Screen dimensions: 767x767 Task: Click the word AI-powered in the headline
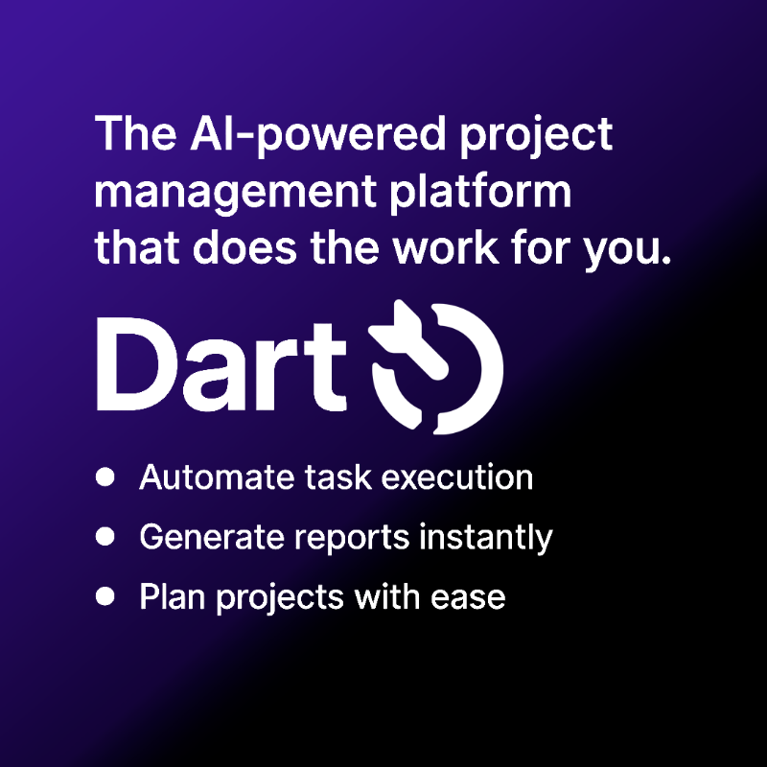[x=318, y=134]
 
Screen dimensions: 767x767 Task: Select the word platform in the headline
[x=480, y=191]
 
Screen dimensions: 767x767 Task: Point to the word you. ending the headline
[x=627, y=250]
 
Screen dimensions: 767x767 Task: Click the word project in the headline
[x=536, y=135]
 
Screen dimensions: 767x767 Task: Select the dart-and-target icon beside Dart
[x=435, y=367]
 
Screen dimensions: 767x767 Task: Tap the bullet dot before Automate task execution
[x=105, y=476]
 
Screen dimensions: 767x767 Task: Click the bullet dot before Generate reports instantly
[x=105, y=537]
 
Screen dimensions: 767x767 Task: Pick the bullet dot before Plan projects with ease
[x=105, y=596]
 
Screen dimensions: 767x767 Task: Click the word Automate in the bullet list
[x=218, y=476]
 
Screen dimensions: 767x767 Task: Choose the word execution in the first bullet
[x=457, y=476]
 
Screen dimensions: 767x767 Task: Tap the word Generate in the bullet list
[x=212, y=537]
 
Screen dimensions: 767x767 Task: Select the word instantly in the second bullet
[x=486, y=539]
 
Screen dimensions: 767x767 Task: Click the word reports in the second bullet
[x=352, y=539]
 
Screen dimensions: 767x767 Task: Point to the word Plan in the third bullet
[x=173, y=596]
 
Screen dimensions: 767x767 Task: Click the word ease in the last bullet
[x=468, y=598]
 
